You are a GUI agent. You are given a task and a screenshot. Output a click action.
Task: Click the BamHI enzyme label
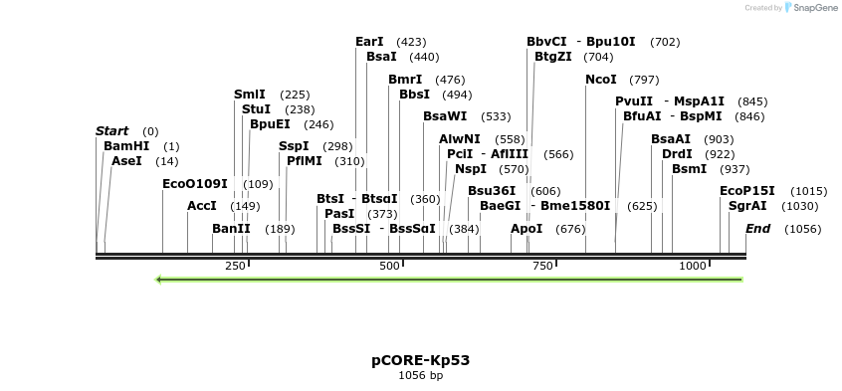pyautogui.click(x=126, y=146)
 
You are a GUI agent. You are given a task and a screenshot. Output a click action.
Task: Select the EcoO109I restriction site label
pyautogui.click(x=195, y=184)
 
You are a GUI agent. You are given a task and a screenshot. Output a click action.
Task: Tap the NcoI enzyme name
pyautogui.click(x=601, y=80)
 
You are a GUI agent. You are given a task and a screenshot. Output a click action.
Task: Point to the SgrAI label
pyautogui.click(x=747, y=206)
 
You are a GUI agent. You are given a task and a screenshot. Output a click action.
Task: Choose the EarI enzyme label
pyautogui.click(x=369, y=42)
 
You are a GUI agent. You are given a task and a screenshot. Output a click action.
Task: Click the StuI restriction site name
pyautogui.click(x=256, y=109)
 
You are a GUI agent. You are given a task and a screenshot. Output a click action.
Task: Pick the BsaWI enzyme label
pyautogui.click(x=445, y=116)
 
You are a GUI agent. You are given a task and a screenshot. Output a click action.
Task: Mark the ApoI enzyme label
pyautogui.click(x=526, y=229)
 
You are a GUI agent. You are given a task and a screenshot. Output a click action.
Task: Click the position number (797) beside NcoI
pyautogui.click(x=645, y=80)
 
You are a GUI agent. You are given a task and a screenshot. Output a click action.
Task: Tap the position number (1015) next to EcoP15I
pyautogui.click(x=809, y=191)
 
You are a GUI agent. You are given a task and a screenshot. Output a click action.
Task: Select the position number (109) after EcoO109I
pyautogui.click(x=258, y=184)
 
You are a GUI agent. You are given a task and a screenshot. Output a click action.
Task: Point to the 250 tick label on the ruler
pyautogui.click(x=236, y=267)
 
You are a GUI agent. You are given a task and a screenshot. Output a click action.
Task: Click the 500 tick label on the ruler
pyautogui.click(x=389, y=267)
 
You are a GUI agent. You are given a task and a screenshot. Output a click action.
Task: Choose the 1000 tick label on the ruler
pyautogui.click(x=693, y=267)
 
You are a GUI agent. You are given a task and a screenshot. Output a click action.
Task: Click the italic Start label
pyautogui.click(x=112, y=131)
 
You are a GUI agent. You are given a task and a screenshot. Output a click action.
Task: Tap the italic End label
pyautogui.click(x=757, y=229)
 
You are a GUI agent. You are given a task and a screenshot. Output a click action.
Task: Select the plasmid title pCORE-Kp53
pyautogui.click(x=420, y=360)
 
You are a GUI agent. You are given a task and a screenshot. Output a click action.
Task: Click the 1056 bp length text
pyautogui.click(x=420, y=376)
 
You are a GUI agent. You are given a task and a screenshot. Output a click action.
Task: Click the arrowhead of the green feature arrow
pyautogui.click(x=160, y=279)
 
